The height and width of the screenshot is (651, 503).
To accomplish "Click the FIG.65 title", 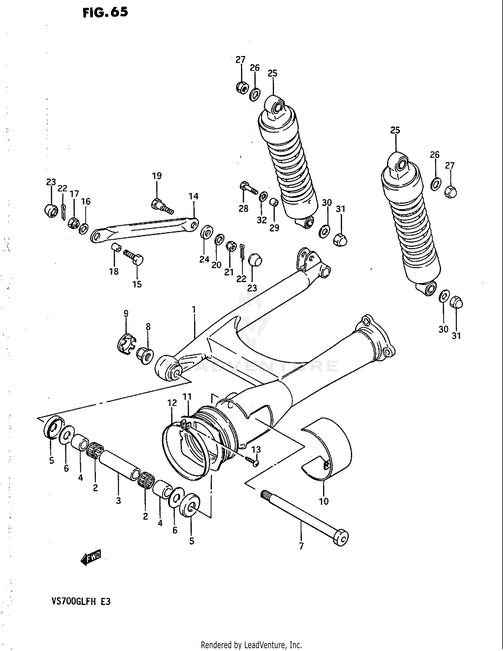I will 105,12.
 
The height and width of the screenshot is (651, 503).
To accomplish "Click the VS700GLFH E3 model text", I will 81,601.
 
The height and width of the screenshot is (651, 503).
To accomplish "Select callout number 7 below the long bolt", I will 301,546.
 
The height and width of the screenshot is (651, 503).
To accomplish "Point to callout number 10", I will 324,501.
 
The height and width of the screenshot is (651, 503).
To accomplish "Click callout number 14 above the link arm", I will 193,196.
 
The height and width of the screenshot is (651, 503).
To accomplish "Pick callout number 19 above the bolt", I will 157,176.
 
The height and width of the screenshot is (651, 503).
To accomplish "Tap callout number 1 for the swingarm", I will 194,309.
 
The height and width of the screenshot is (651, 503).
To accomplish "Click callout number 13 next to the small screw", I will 256,449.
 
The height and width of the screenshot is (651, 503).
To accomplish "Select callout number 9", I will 126,314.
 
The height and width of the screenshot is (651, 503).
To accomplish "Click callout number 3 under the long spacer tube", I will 118,500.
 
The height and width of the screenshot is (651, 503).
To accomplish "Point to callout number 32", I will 262,220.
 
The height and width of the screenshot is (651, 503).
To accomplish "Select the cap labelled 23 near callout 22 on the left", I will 51,210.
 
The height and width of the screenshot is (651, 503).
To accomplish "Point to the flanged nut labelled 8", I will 145,356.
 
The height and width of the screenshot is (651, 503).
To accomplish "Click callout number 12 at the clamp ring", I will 172,403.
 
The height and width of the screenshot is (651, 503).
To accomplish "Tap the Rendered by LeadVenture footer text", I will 251,645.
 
